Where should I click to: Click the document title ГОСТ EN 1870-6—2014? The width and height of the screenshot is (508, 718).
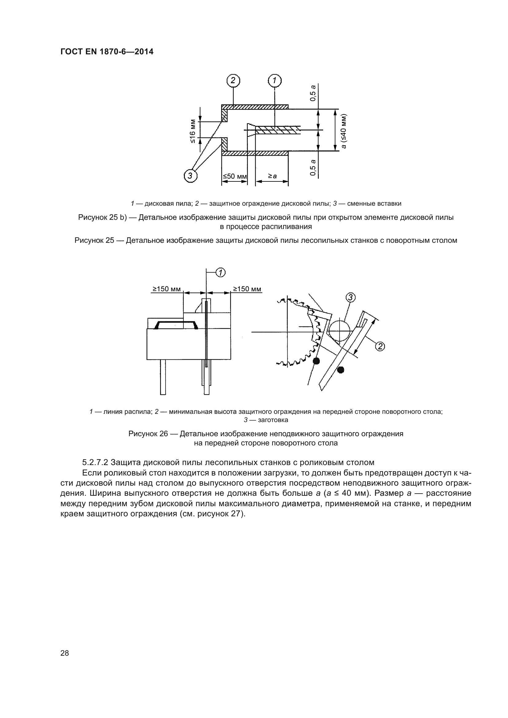tap(107, 52)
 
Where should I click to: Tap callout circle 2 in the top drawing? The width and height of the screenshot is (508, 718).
tap(233, 81)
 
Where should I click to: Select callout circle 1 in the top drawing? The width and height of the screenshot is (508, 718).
tap(275, 81)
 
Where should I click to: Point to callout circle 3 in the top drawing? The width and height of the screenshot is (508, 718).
tap(190, 176)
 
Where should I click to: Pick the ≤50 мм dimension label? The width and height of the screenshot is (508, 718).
tap(235, 177)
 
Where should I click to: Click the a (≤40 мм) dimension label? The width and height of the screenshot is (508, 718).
tap(344, 131)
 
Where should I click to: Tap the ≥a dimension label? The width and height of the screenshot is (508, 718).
tap(272, 177)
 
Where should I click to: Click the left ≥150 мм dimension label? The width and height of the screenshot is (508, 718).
tap(166, 289)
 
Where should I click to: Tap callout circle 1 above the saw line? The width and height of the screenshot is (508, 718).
tap(221, 273)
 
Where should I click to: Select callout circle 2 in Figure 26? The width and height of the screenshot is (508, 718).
tap(380, 346)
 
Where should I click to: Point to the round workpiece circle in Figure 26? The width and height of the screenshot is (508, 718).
tap(340, 332)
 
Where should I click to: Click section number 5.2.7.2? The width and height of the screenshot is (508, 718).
tap(95, 462)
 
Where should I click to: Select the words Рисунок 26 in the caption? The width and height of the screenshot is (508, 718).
tap(148, 434)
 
